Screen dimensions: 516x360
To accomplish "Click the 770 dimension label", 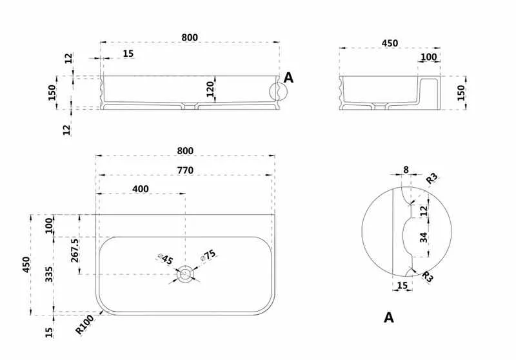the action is pos(185,170).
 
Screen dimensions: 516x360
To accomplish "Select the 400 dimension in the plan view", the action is pos(141,189).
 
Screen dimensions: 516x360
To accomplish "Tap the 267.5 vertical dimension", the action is pos(75,250).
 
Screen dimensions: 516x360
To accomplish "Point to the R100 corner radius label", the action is pos(84,324).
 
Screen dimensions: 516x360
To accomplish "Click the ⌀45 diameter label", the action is pos(166,259).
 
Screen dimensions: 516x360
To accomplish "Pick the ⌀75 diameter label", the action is pos(208,255).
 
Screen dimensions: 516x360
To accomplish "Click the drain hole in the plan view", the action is pos(185,274).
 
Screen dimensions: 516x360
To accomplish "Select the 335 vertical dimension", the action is pos(49,274).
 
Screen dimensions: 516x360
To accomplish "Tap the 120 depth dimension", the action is pos(210,89).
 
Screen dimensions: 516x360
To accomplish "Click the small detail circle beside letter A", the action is pos(279,91).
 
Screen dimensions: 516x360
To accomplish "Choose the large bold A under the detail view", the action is pos(389,317).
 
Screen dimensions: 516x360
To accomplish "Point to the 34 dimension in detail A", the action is pos(424,237).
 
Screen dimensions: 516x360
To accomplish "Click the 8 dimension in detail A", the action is pos(406,170).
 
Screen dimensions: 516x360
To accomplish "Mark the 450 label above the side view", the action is pos(390,43).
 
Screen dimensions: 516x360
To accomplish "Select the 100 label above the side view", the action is pos(429,57).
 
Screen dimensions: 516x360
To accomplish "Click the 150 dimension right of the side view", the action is pos(461,92).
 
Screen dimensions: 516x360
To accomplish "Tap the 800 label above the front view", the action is pos(190,37).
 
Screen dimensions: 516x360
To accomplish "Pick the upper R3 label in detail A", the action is pos(432,178).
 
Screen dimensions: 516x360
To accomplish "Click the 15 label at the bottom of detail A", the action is pos(402,285).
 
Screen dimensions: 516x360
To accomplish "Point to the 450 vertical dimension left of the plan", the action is pos(26,265).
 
